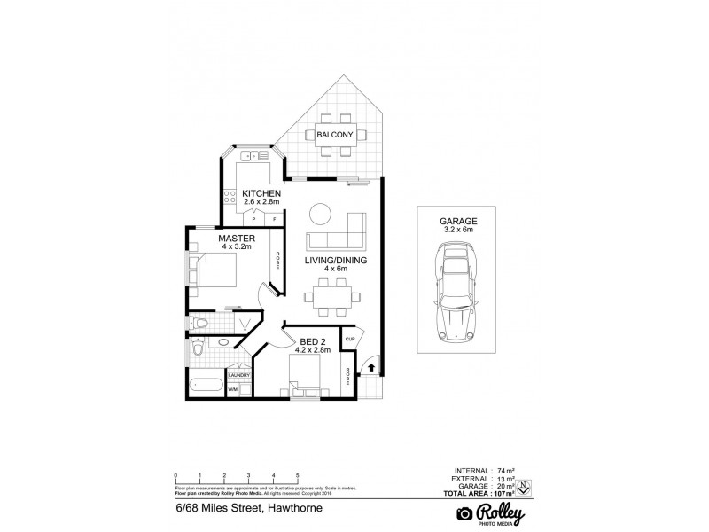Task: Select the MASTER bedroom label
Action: tap(237, 239)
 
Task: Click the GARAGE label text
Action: tap(458, 220)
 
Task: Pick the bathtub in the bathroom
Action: tap(206, 384)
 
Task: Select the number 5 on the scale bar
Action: tap(298, 476)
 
